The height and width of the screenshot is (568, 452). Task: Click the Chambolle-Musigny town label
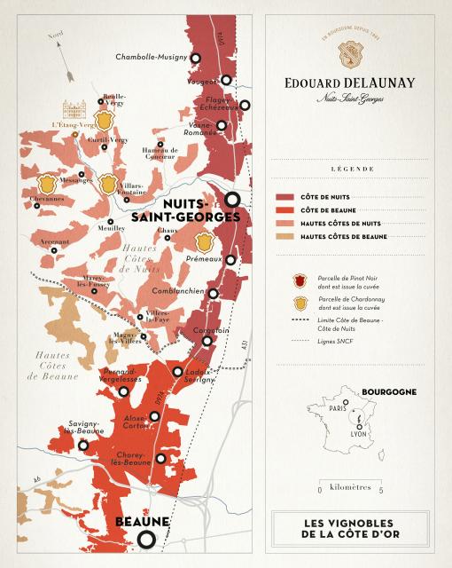tap(152, 58)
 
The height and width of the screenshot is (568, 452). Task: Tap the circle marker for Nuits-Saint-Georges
tap(233, 200)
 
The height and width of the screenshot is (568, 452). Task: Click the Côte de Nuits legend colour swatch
tap(285, 196)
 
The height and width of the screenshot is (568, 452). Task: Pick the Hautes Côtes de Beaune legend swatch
tap(285, 236)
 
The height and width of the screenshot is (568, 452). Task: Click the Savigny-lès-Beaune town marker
tap(83, 446)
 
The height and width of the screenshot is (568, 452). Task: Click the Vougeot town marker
tap(226, 80)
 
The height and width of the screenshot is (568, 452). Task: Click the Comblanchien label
tap(177, 291)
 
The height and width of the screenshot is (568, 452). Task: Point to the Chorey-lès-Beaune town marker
tap(160, 458)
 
